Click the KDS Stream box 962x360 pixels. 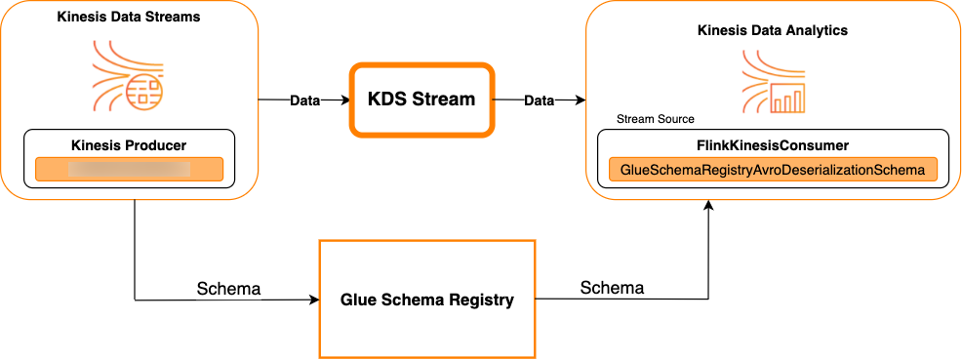point(421,99)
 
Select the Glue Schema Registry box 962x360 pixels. point(426,300)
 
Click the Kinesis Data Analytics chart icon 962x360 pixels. point(772,82)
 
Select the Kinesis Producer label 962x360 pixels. point(129,145)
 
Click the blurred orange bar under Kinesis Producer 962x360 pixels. point(129,169)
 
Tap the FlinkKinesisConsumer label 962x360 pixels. point(772,145)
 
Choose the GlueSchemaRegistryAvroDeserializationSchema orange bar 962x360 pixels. point(772,170)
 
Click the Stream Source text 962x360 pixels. point(655,119)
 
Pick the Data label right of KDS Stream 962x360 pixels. point(540,100)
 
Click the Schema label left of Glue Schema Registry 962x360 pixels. point(228,288)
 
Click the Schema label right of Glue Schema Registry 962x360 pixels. point(612,288)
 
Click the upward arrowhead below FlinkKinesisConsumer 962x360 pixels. point(710,206)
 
